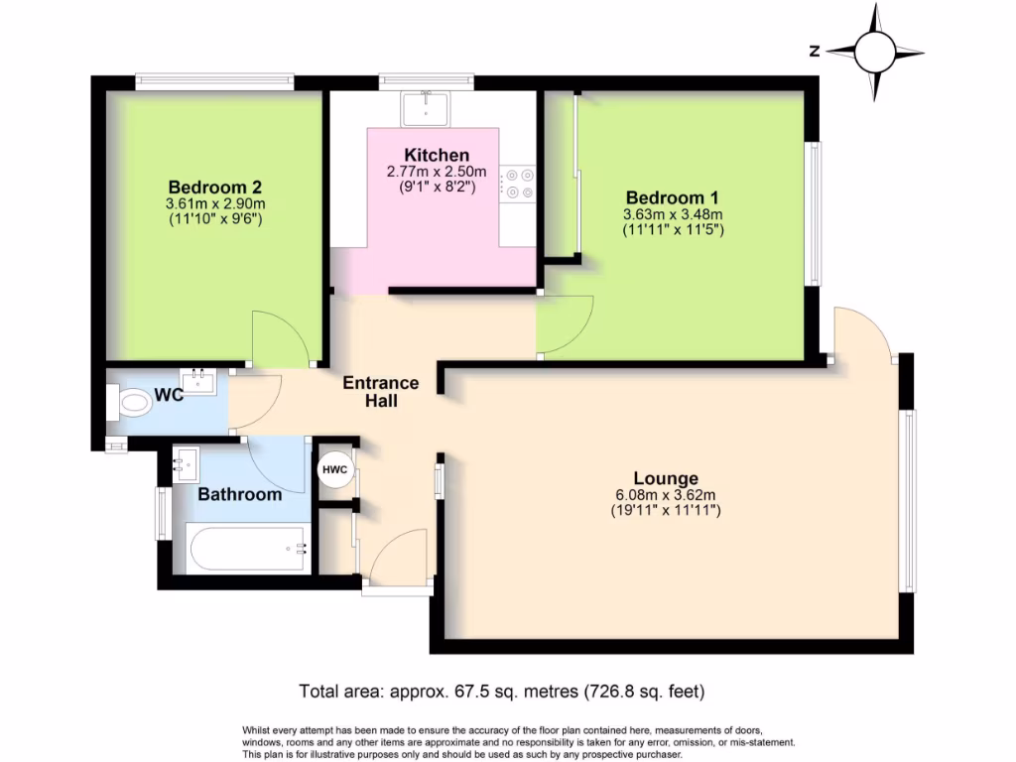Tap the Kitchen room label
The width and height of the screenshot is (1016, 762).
(437, 155)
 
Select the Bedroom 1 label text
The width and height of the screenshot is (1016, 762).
(672, 196)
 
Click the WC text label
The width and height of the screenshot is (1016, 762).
(169, 396)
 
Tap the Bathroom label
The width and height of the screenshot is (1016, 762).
(239, 494)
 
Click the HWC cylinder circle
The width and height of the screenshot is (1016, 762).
(334, 471)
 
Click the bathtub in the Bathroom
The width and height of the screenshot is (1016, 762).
(242, 548)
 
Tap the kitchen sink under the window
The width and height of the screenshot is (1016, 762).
(428, 106)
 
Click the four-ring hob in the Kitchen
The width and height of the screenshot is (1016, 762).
(518, 184)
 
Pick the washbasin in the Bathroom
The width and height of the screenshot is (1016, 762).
(185, 462)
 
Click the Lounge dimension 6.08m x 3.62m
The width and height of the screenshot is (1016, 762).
(664, 494)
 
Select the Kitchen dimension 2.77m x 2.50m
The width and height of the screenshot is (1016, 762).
(437, 171)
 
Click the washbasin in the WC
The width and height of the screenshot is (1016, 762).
(199, 381)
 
